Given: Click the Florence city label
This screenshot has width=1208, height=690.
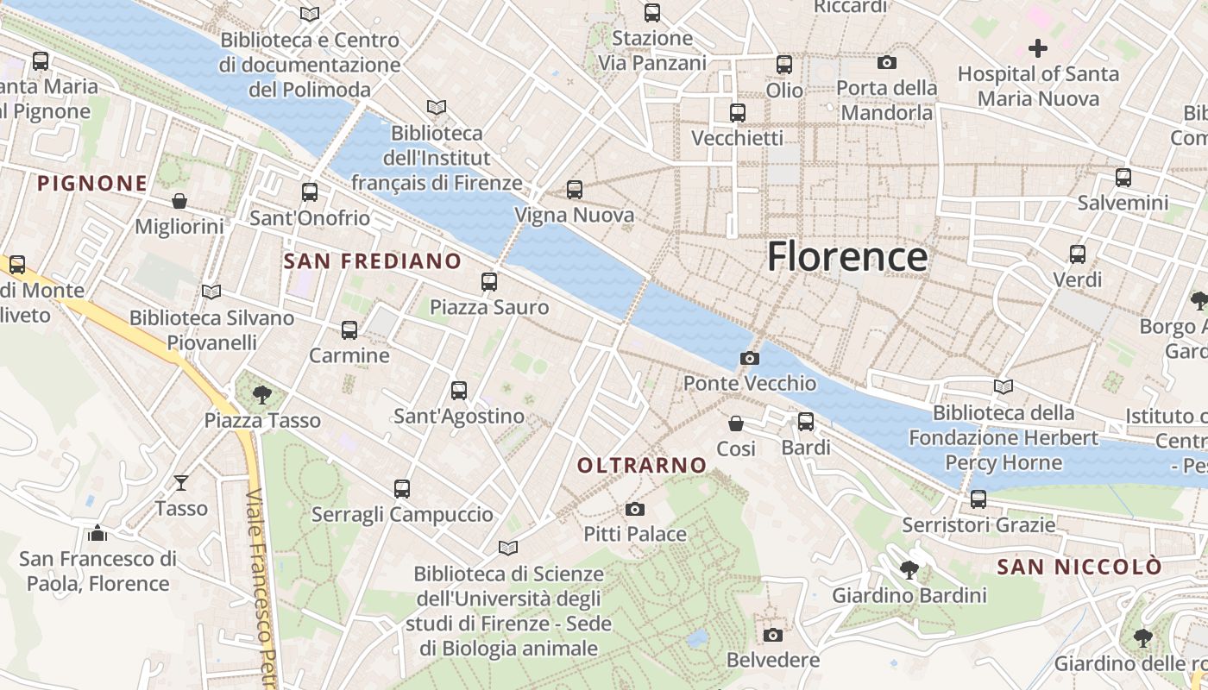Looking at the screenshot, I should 846,257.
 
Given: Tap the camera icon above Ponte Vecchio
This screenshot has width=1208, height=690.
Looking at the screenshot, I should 750,358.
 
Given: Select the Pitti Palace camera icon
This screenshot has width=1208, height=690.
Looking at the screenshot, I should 635,509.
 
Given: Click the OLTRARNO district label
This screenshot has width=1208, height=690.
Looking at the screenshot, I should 641,466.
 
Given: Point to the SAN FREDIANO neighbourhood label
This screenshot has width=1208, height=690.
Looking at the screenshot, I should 372,260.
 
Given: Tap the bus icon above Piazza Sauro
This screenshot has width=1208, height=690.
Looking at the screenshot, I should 489,281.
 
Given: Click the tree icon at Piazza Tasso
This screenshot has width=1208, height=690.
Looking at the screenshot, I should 262,395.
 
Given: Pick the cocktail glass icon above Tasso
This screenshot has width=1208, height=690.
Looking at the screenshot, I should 181,482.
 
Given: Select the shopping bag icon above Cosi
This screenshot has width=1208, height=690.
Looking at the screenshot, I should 736,423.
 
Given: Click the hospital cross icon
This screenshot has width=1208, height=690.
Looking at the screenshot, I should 1038,48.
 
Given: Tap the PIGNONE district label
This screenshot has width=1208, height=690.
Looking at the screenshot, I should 92,183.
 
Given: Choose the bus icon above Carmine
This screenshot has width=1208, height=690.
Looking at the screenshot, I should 349,329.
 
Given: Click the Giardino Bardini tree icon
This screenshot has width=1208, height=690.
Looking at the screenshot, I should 909,569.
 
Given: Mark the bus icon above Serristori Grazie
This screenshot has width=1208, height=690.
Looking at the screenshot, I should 978,499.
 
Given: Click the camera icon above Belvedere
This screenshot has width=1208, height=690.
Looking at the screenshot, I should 773,635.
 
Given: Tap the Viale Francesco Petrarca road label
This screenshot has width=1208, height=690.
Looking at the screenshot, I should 263,586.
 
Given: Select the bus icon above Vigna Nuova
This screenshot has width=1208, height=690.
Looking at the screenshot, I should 575,190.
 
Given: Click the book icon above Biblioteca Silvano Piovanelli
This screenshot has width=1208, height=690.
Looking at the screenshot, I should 211,292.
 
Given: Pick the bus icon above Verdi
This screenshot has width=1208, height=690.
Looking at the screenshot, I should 1078,254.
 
